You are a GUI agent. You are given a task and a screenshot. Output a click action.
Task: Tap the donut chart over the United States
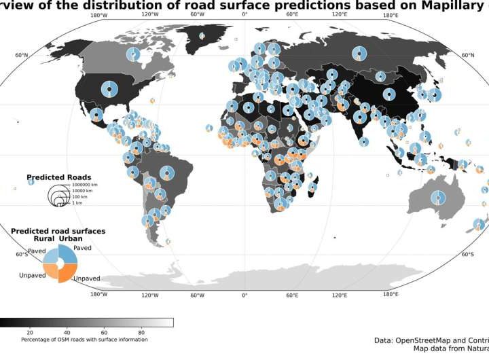click(x=109, y=88)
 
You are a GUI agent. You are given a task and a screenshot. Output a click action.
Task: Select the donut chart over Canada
click(x=134, y=54)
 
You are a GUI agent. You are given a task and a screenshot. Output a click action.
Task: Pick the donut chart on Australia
click(x=439, y=198)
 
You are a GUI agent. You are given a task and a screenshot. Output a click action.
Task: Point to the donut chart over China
click(x=388, y=94)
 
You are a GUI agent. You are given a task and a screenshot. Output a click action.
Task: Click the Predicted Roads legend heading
click(x=59, y=177)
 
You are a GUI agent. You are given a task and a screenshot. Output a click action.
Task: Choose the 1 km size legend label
click(x=77, y=203)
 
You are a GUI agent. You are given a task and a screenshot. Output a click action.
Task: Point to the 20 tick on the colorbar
click(x=30, y=332)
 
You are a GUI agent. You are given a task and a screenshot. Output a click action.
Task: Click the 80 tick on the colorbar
click(x=141, y=332)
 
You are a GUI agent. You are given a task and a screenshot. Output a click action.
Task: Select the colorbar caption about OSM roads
click(x=84, y=340)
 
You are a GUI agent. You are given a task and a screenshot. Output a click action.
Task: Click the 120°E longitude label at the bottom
click(x=340, y=295)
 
